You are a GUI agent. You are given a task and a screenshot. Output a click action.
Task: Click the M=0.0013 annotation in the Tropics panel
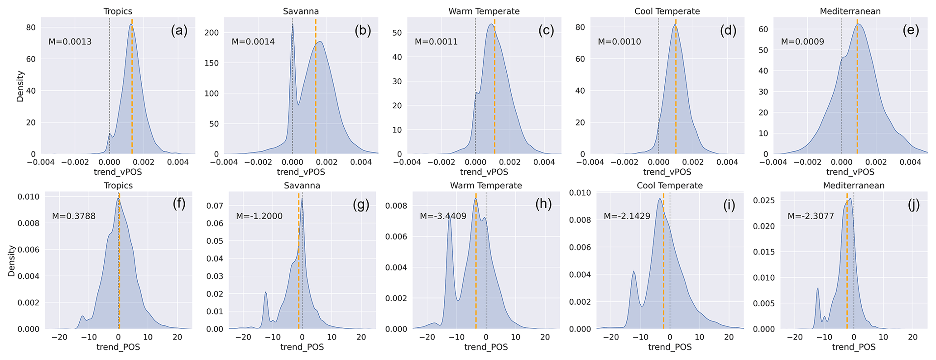point(70,42)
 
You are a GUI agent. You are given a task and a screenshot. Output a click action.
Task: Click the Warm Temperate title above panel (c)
point(484,11)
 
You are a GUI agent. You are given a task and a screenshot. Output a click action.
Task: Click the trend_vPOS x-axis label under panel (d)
point(667,172)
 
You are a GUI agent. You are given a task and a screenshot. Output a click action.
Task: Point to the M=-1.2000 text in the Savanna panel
point(259,216)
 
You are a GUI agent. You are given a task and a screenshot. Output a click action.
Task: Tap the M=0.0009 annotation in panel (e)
point(802,42)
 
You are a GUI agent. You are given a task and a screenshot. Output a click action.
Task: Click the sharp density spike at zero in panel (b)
point(293,25)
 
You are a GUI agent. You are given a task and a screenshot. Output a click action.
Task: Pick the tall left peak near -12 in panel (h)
point(450,217)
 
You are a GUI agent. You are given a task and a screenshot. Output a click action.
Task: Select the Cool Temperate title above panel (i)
point(669,186)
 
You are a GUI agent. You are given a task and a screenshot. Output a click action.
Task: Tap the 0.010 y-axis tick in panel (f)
point(29,197)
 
